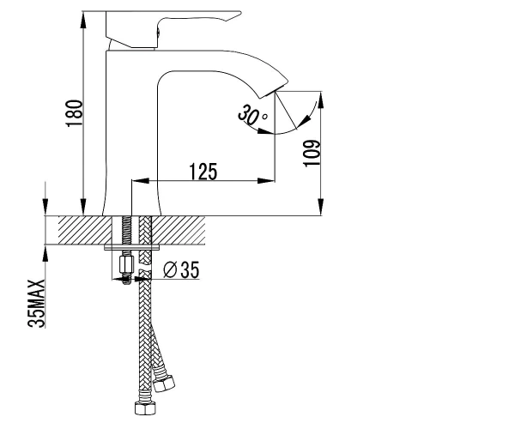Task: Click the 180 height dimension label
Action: (74, 113)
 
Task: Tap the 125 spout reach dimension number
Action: (203, 172)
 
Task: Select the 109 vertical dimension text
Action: (312, 154)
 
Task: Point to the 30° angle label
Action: (251, 115)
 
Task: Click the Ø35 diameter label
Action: (181, 269)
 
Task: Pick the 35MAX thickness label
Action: (36, 304)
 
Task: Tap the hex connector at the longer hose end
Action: (145, 408)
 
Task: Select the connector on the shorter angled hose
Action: (164, 382)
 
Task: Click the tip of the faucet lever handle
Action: (240, 13)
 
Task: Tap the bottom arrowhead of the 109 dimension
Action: (320, 207)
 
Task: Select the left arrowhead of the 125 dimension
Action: (140, 180)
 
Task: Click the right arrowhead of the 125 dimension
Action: (266, 180)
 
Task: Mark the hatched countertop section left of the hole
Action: (85, 230)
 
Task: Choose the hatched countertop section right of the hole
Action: (179, 230)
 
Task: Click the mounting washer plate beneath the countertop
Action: (132, 247)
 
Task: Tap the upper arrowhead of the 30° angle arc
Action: (306, 120)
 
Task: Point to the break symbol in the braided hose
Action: (145, 271)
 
